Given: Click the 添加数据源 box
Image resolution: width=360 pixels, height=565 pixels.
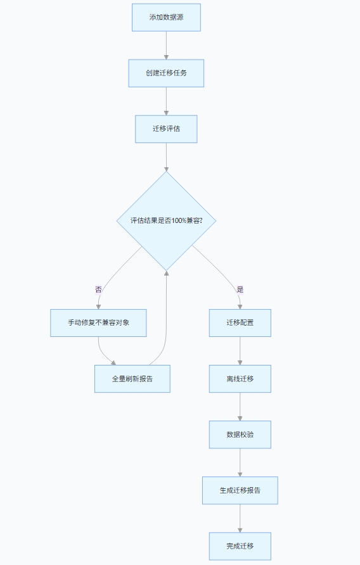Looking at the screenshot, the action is click(166, 17).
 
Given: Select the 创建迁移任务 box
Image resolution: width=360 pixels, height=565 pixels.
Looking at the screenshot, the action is click(166, 73).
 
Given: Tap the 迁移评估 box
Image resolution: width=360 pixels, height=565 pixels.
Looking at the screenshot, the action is click(166, 129).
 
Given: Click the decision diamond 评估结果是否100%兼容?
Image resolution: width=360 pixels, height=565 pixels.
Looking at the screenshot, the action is click(166, 221).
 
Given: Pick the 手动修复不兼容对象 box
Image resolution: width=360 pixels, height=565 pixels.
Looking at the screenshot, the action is click(98, 323).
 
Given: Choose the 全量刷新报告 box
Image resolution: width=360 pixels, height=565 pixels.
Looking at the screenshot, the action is click(132, 379).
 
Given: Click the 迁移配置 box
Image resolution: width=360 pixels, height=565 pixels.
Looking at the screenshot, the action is click(240, 323).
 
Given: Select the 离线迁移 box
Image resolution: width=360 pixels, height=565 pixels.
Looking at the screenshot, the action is click(240, 379).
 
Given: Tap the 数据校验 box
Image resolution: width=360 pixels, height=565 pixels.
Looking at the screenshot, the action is click(240, 435).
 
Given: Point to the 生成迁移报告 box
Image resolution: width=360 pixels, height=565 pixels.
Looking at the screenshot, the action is click(240, 490).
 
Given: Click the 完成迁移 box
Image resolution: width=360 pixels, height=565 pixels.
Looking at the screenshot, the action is click(240, 546).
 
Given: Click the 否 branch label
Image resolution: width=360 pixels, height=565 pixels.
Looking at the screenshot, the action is click(98, 289).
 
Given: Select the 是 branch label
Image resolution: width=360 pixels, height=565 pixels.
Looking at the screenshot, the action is click(240, 289).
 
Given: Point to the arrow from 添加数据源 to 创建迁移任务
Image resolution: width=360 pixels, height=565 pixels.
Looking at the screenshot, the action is click(166, 46).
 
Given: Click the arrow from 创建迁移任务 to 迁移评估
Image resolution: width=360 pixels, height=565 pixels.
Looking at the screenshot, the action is click(166, 101).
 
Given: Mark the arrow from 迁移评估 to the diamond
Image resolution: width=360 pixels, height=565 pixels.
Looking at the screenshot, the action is click(166, 157).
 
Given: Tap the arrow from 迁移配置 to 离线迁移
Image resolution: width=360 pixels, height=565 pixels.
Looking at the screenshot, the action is click(240, 351).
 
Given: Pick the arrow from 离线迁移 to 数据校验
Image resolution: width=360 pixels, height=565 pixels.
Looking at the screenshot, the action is click(240, 407).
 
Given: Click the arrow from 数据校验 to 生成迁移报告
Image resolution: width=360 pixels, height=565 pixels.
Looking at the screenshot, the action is click(240, 462).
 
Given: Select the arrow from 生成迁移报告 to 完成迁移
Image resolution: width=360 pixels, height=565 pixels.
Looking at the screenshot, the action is click(240, 519).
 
